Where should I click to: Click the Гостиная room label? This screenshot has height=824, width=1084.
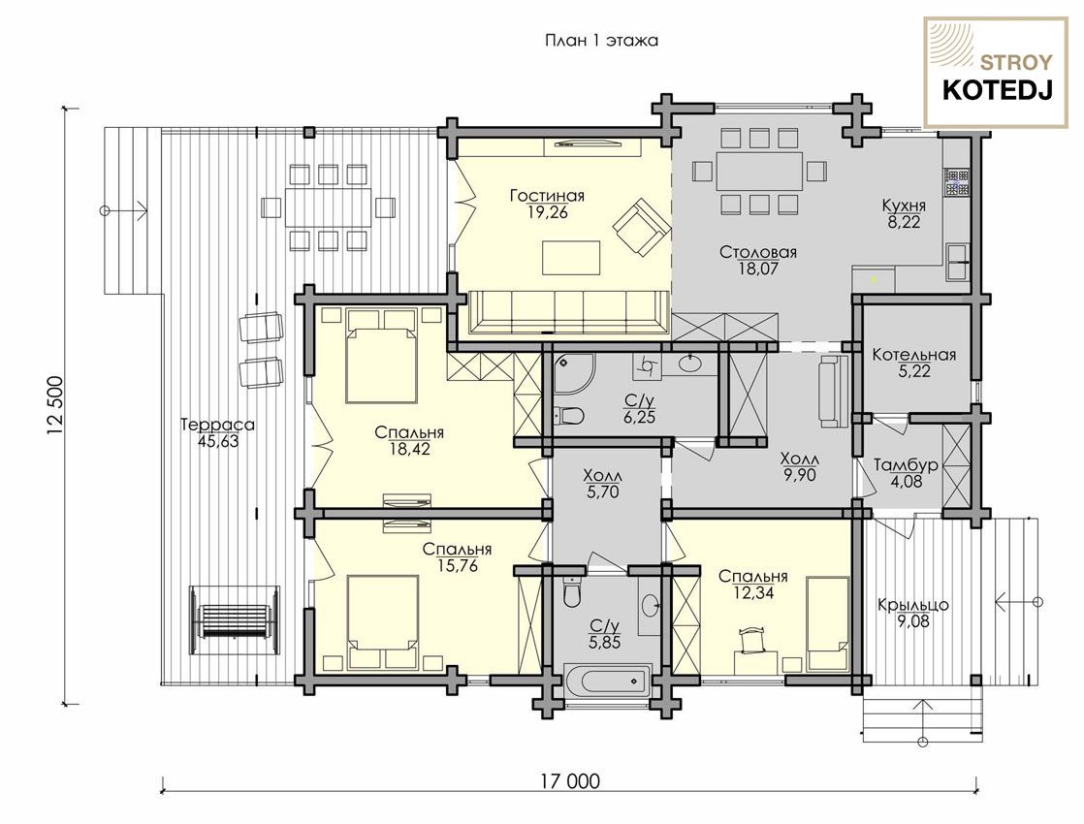click(547, 197)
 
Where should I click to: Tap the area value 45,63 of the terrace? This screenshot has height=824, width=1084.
click(218, 441)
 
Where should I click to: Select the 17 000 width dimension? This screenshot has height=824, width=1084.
click(570, 781)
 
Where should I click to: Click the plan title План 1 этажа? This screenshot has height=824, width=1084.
click(601, 40)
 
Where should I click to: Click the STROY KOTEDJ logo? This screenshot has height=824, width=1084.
click(997, 74)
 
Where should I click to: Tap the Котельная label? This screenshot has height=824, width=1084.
click(914, 356)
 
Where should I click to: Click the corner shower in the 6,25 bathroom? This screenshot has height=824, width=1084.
click(574, 374)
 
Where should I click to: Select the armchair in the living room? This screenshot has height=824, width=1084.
click(642, 226)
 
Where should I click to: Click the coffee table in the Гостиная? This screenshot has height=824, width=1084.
click(571, 257)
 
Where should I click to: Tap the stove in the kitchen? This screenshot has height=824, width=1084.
click(957, 183)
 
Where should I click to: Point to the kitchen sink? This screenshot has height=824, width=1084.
click(958, 262)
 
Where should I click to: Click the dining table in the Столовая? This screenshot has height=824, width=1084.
click(759, 171)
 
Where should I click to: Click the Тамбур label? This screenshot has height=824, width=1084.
click(906, 465)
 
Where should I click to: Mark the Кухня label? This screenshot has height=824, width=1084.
click(904, 206)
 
